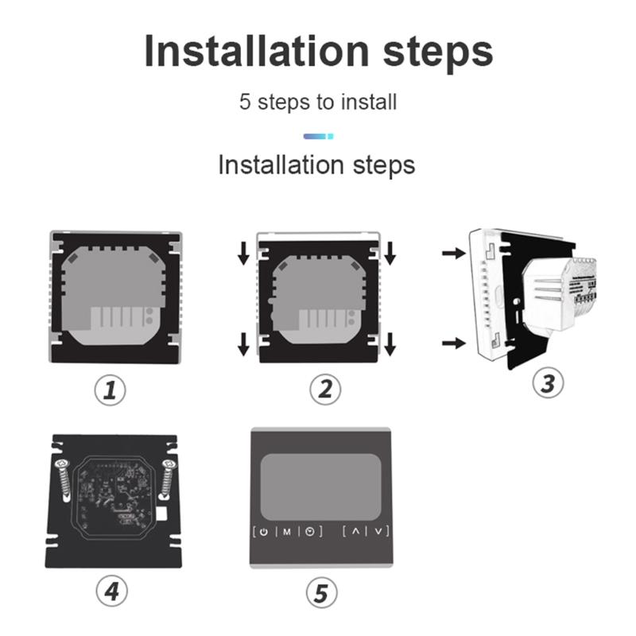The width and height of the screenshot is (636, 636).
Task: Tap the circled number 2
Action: click(324, 390)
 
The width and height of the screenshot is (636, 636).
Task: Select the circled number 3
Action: click(547, 382)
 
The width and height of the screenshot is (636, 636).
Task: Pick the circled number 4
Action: click(112, 590)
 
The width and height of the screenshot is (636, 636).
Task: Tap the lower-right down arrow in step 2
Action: click(390, 343)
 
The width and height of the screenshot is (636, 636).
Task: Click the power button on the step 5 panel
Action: click(263, 531)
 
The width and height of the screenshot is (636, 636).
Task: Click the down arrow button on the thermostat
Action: click(378, 531)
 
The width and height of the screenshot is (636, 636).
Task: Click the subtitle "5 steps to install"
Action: click(318, 103)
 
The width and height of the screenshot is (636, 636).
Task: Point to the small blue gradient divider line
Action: click(318, 136)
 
